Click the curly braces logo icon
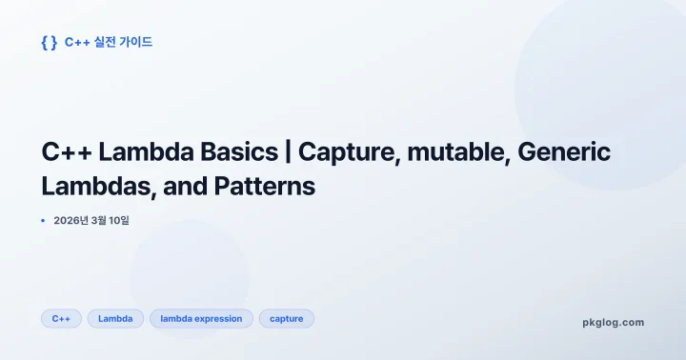point(49,42)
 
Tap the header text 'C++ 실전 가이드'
point(109,42)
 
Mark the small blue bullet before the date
point(43,221)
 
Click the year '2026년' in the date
point(71,221)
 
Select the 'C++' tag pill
point(62,319)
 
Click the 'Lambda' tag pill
point(115,319)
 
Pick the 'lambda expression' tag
point(201,319)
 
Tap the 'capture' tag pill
point(286,319)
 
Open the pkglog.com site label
point(613,322)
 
